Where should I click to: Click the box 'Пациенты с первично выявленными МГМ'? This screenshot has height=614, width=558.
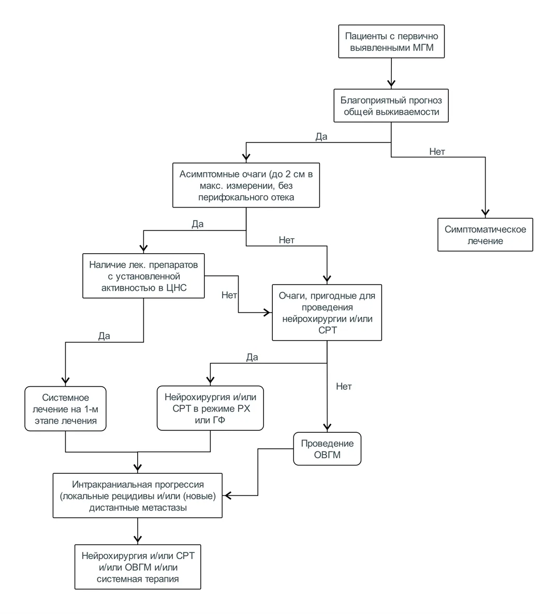pyautogui.click(x=391, y=41)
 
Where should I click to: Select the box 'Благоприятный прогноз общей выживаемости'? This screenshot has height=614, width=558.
pyautogui.click(x=391, y=106)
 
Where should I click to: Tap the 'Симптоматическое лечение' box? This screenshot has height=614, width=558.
pyautogui.click(x=485, y=235)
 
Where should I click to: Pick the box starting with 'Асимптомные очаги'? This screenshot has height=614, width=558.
pyautogui.click(x=246, y=185)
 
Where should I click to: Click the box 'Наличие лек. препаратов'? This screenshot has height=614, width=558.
pyautogui.click(x=143, y=276)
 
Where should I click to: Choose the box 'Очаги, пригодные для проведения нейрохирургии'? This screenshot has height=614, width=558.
pyautogui.click(x=327, y=313)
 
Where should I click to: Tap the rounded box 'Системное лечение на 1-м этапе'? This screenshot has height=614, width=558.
pyautogui.click(x=65, y=409)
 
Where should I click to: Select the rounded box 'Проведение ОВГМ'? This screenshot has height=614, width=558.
pyautogui.click(x=327, y=449)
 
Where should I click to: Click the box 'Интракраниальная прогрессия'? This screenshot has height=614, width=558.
pyautogui.click(x=138, y=496)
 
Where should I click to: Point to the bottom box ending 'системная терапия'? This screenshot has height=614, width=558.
pyautogui.click(x=138, y=567)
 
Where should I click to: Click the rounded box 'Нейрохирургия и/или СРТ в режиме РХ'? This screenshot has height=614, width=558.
pyautogui.click(x=210, y=408)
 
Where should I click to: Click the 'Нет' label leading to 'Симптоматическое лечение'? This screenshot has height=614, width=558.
pyautogui.click(x=437, y=152)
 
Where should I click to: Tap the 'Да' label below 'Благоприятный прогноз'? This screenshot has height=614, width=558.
pyautogui.click(x=321, y=137)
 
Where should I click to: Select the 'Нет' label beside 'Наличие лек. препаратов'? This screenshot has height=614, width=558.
pyautogui.click(x=229, y=295)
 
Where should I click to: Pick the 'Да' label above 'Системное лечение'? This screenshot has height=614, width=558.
pyautogui.click(x=104, y=336)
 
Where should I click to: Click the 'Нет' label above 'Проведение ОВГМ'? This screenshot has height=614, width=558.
pyautogui.click(x=344, y=387)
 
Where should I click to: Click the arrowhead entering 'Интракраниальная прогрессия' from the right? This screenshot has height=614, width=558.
pyautogui.click(x=227, y=496)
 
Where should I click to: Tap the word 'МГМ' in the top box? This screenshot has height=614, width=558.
pyautogui.click(x=423, y=48)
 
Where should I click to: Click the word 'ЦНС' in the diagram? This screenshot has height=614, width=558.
pyautogui.click(x=177, y=288)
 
